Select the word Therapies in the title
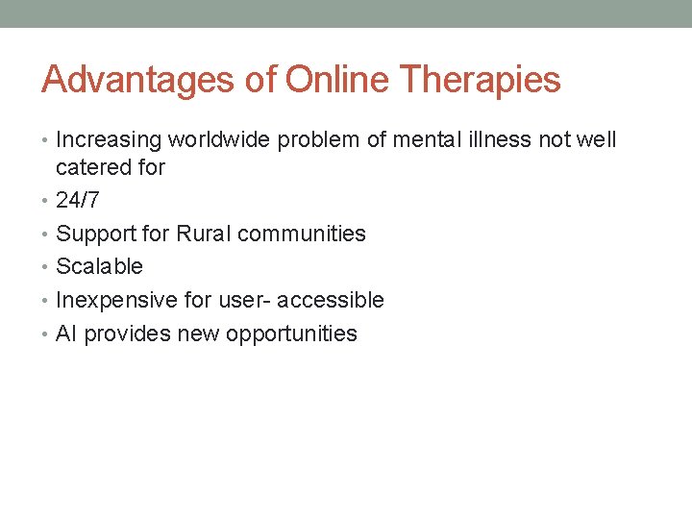(481, 80)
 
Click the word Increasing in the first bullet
(109, 140)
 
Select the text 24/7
(77, 201)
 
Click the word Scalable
(99, 266)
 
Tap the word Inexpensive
(116, 301)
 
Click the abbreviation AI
(66, 334)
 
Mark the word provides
(121, 334)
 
